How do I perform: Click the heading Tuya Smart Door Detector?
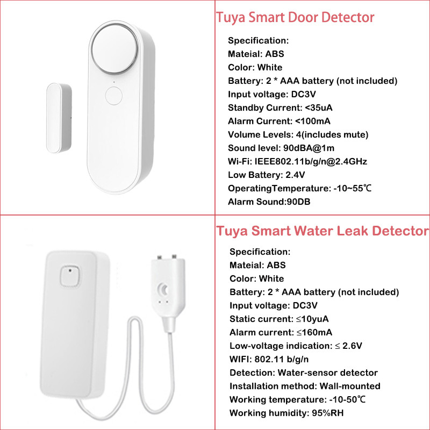pyautogui.click(x=295, y=18)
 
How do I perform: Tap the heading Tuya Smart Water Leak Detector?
pyautogui.click(x=322, y=231)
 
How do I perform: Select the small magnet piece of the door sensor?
pyautogui.click(x=59, y=118)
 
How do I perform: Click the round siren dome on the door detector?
pyautogui.click(x=114, y=48)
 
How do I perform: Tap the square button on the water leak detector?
pyautogui.click(x=70, y=276)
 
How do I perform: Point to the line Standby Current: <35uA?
pyautogui.click(x=280, y=108)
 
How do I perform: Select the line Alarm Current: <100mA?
pyautogui.click(x=279, y=121)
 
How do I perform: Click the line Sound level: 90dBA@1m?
pyautogui.click(x=281, y=148)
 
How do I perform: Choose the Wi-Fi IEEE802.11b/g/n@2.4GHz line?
pyautogui.click(x=297, y=162)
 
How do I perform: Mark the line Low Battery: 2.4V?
pyautogui.click(x=266, y=175)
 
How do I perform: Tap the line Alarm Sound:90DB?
pyautogui.click(x=269, y=202)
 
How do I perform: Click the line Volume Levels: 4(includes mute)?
pyautogui.click(x=298, y=135)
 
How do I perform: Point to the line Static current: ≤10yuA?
pyautogui.click(x=279, y=319)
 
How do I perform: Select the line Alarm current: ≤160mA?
pyautogui.click(x=281, y=332)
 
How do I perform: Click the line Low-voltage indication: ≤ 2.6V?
pyautogui.click(x=296, y=346)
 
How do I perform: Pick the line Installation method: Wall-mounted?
pyautogui.click(x=305, y=386)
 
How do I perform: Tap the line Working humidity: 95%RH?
pyautogui.click(x=286, y=413)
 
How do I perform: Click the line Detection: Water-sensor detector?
pyautogui.click(x=304, y=372)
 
